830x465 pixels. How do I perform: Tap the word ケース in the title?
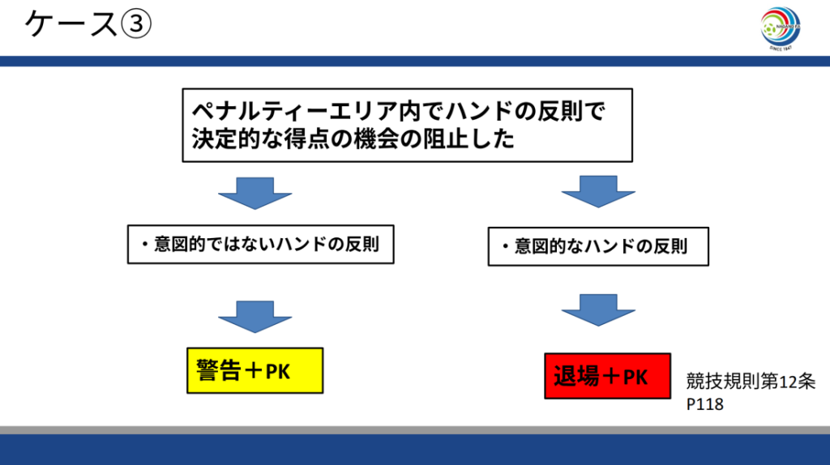71,24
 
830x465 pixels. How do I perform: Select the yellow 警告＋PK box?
255,370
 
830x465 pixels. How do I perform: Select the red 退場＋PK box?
607,376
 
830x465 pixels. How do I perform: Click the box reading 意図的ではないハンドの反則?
260,243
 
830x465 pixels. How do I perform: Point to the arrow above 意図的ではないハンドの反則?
255,193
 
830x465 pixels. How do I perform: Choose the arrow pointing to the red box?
599,309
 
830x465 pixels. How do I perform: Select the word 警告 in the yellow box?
216,370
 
